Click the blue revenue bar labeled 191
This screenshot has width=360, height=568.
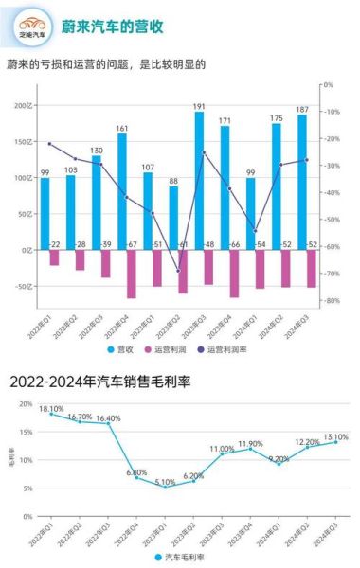pyautogui.click(x=199, y=180)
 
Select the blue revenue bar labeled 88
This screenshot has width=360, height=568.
pyautogui.click(x=173, y=218)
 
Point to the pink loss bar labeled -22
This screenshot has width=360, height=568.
pyautogui.click(x=55, y=257)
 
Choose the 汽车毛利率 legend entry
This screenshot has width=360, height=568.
pyautogui.click(x=185, y=558)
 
